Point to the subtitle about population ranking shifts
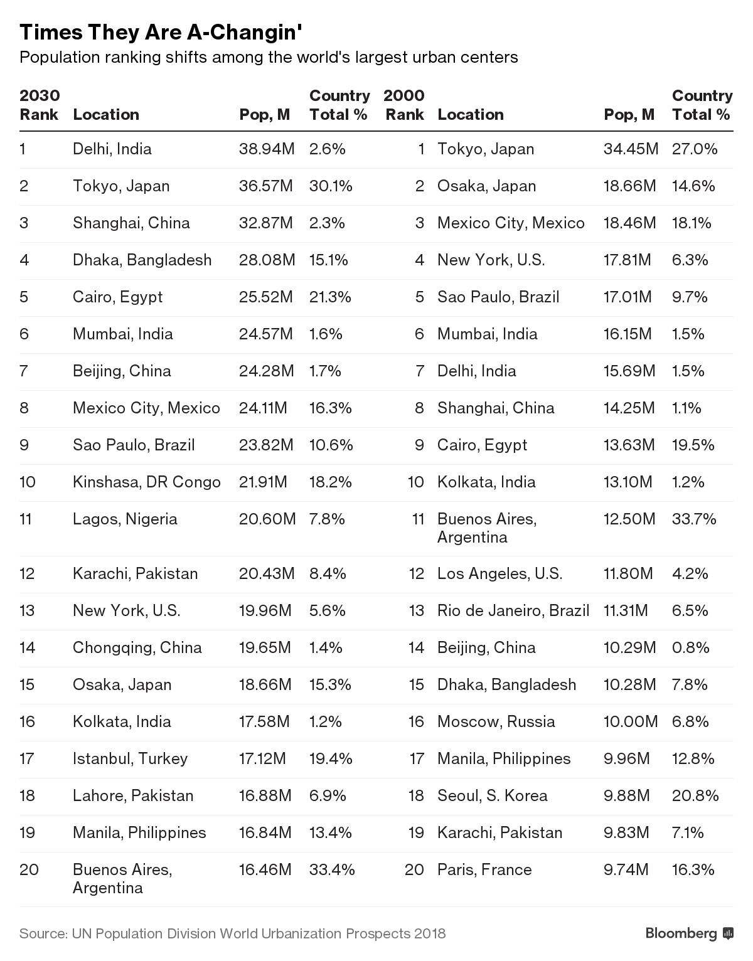pyautogui.click(x=269, y=58)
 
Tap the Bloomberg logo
pyautogui.click(x=689, y=933)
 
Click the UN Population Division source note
pyautogui.click(x=232, y=933)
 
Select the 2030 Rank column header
pyautogui.click(x=40, y=105)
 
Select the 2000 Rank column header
pyautogui.click(x=404, y=105)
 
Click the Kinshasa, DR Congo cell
pyautogui.click(x=146, y=482)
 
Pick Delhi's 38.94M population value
pyautogui.click(x=266, y=149)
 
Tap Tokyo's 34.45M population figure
pyautogui.click(x=631, y=149)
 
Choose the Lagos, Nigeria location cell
pyautogui.click(x=125, y=519)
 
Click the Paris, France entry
pyautogui.click(x=484, y=869)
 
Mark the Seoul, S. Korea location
pyautogui.click(x=492, y=795)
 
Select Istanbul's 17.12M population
pyautogui.click(x=262, y=758)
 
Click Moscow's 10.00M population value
pyautogui.click(x=631, y=721)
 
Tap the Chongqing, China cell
pyautogui.click(x=137, y=647)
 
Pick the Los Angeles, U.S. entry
pyautogui.click(x=499, y=573)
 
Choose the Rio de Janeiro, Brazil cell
pyautogui.click(x=513, y=610)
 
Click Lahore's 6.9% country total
pyautogui.click(x=328, y=795)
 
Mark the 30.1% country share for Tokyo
pyautogui.click(x=331, y=186)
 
